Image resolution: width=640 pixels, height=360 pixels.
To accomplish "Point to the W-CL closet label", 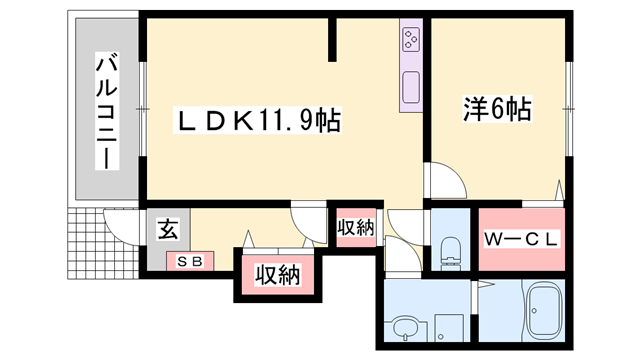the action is point(520,240).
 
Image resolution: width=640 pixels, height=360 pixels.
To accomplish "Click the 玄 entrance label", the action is point(166,229).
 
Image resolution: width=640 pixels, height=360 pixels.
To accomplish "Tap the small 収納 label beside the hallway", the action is point(355,227).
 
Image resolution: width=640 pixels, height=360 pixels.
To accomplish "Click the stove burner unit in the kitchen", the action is point(412,41).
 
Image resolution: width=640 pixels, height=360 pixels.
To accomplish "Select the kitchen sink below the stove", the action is point(412,88).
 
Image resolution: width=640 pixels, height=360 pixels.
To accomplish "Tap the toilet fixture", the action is point(448,251).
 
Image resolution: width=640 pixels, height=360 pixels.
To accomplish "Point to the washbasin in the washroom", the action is point(405,327).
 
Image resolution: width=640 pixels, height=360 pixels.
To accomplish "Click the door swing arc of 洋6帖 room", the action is point(445,180).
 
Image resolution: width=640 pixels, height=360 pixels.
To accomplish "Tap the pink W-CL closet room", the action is point(520,255).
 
